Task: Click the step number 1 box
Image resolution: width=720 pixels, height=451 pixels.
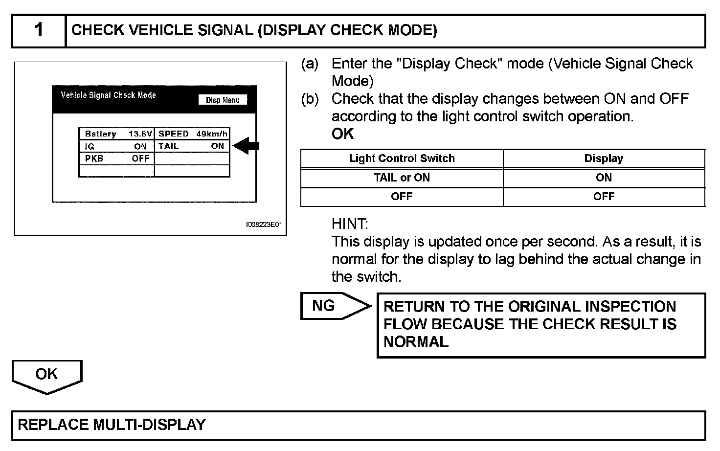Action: tap(39, 30)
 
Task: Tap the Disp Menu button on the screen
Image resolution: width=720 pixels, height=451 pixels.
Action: tap(223, 100)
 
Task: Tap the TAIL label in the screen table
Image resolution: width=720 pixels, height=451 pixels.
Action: tap(169, 146)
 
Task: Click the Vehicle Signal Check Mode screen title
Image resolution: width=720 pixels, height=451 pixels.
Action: tap(108, 95)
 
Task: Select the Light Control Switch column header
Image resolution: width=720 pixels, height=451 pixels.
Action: tap(402, 158)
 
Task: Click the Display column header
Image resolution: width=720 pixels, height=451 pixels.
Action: tap(604, 158)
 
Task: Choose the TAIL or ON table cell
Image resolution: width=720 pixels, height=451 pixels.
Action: tap(402, 178)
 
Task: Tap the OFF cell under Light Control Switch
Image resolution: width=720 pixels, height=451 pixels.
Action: tap(402, 196)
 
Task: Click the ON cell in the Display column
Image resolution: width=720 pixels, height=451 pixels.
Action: tap(604, 178)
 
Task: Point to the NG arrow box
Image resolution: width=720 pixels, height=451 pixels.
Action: tap(333, 306)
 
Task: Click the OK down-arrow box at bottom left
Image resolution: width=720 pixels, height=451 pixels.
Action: tap(47, 375)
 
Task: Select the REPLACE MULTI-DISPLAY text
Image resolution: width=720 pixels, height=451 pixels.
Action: tap(112, 424)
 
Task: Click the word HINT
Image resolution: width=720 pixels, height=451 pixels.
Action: tap(349, 224)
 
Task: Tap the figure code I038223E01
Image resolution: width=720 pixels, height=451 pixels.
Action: tap(264, 225)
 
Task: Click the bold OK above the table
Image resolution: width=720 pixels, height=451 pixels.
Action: tap(342, 134)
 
